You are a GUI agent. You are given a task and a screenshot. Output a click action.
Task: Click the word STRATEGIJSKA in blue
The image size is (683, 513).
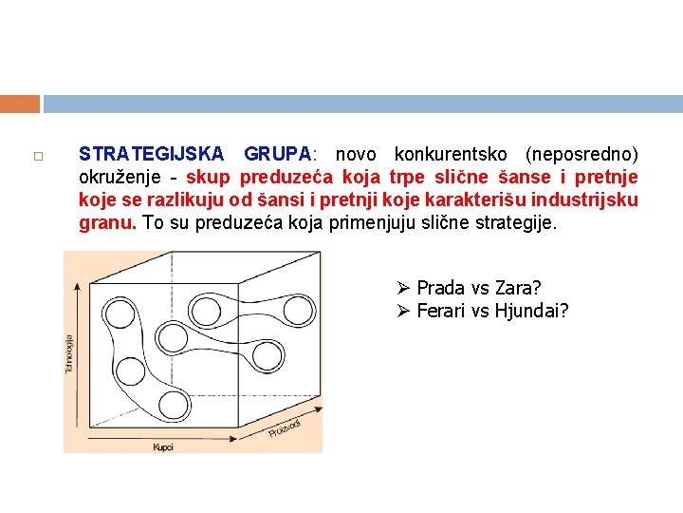point(151,154)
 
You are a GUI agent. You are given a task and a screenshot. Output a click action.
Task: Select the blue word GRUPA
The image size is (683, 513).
point(278,154)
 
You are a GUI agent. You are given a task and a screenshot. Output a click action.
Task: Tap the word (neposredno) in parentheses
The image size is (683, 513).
point(581,155)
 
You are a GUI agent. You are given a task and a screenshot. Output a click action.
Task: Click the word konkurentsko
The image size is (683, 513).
point(451,154)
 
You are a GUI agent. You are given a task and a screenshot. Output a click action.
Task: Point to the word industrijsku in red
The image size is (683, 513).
point(584,200)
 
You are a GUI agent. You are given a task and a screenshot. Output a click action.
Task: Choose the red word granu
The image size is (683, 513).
point(107,223)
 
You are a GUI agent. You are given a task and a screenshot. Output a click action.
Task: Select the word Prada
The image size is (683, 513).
point(440,288)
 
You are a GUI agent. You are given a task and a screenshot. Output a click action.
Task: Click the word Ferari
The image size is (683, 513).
point(440,311)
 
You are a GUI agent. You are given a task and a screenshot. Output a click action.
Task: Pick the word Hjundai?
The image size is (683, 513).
point(532,311)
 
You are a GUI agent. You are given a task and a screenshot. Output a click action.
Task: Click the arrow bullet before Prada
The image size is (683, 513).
point(403,288)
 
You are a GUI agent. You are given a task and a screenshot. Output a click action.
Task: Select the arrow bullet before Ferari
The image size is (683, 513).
point(403,311)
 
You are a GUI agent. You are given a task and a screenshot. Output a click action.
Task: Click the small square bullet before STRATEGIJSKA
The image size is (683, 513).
point(38,156)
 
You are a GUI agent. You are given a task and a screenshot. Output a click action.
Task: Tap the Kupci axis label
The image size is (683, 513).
point(163,447)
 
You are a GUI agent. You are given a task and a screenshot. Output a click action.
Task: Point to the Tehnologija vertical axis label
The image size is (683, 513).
point(69,354)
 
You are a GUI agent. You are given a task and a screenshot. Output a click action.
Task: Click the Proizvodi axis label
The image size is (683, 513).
point(285,428)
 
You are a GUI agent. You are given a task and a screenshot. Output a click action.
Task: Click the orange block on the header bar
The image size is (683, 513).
point(20,104)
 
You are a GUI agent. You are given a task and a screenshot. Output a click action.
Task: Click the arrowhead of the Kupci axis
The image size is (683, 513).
point(233,438)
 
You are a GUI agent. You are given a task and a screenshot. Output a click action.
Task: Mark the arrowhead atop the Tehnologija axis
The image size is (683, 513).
point(77,287)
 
